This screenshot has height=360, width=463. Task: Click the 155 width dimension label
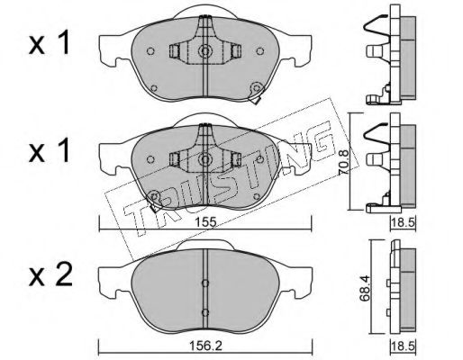pos(205,222)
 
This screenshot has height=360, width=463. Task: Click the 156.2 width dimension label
pos(205,346)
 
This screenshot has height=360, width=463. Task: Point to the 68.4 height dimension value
pos(366,289)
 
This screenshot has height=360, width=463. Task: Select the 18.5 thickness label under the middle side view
pos(403,222)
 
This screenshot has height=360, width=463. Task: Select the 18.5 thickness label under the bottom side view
pos(403,346)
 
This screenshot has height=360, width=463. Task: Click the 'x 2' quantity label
pos(50,274)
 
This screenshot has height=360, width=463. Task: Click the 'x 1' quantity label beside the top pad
pos(50,44)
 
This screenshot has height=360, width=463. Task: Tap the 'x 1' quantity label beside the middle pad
pos(50,151)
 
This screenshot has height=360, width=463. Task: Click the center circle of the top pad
pos(205,51)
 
